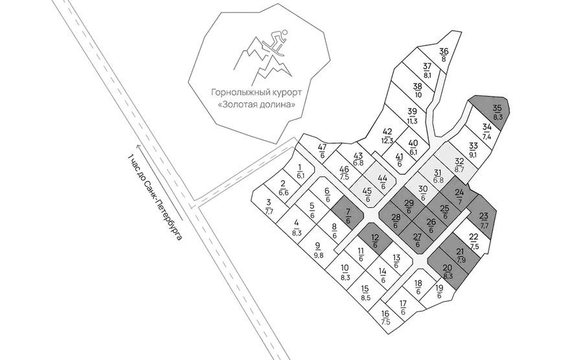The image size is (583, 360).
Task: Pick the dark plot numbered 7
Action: [x=348, y=216]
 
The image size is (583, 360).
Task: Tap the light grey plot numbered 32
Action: [x=457, y=163]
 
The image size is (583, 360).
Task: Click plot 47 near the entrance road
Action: [x=321, y=148]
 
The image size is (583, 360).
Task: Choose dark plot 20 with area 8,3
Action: [x=449, y=271]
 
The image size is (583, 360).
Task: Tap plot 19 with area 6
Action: [x=441, y=291]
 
